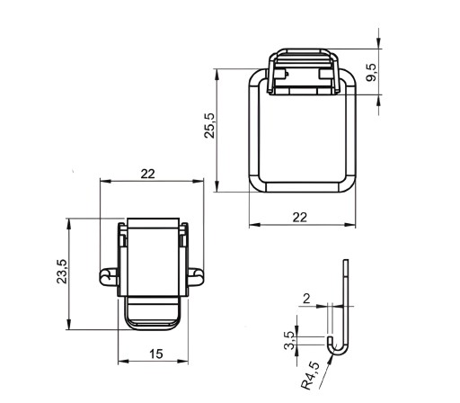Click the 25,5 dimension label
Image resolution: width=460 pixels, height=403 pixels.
(x=209, y=125)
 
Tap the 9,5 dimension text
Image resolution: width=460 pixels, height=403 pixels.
(x=372, y=73)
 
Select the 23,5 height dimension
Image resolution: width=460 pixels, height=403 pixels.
(x=62, y=272)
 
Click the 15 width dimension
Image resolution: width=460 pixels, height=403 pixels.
(x=156, y=354)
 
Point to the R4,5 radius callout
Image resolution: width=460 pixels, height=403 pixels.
(x=311, y=375)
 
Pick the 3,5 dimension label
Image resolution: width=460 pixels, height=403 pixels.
(x=289, y=340)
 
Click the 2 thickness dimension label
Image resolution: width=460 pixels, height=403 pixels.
(x=306, y=299)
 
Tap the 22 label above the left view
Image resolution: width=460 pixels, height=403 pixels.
(x=148, y=174)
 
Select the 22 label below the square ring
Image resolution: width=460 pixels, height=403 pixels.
(x=300, y=218)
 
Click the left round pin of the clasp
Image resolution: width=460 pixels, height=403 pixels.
(x=108, y=277)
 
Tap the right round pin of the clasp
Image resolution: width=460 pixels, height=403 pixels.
(x=196, y=277)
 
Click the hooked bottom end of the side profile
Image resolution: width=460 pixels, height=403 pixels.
(x=337, y=347)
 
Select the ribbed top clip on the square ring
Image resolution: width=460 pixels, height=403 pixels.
(x=304, y=71)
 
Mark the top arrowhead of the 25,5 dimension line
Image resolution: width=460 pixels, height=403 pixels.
(x=217, y=74)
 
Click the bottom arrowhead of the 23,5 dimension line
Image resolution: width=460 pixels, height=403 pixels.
(x=69, y=325)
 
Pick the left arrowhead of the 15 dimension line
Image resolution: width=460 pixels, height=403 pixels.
(x=123, y=361)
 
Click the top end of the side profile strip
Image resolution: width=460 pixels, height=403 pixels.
(x=346, y=260)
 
